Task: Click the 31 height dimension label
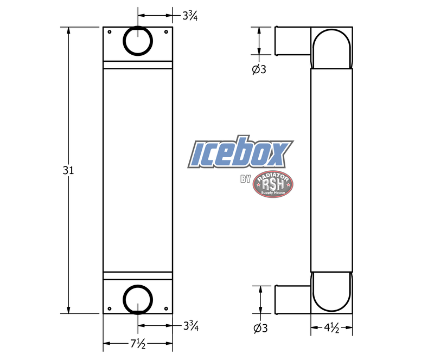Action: [68, 170]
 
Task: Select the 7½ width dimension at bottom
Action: [137, 344]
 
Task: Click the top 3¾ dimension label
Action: [190, 16]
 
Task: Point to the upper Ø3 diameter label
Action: [259, 69]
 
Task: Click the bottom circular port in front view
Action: [138, 299]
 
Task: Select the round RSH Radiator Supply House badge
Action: [273, 185]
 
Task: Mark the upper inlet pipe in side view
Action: [292, 40]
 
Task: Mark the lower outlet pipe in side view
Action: [292, 299]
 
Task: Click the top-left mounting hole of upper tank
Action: [110, 31]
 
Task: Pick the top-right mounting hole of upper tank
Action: [166, 31]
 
